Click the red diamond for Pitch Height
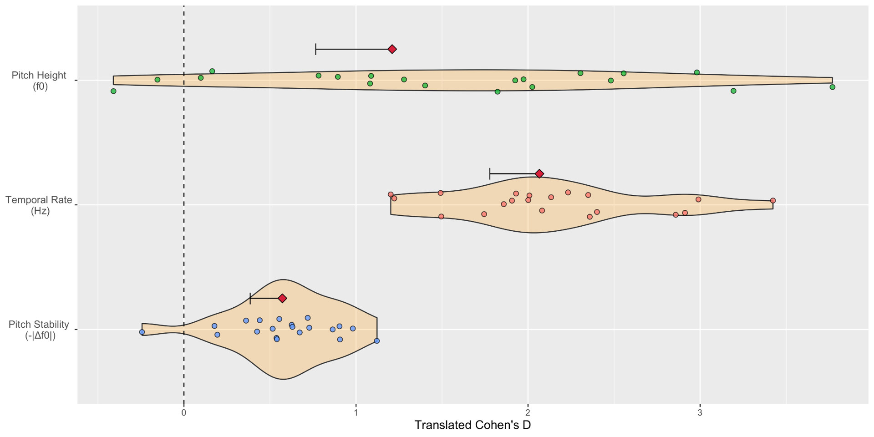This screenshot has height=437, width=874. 392,49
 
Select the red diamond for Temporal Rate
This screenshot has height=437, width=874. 539,174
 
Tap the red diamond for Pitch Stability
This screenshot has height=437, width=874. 282,299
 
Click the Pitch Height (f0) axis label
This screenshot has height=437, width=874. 39,81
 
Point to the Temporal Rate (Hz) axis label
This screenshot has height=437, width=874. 39,205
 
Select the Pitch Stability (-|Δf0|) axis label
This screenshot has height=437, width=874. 39,330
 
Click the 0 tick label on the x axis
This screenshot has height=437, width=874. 183,413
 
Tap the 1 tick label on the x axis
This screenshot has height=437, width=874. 356,413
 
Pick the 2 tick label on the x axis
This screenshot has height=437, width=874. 528,413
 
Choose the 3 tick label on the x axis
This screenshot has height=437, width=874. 700,413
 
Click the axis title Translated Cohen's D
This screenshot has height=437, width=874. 473,426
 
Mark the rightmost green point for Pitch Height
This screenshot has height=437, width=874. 833,87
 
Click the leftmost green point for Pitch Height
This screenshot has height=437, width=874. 113,91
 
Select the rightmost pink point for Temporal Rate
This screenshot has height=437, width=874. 773,201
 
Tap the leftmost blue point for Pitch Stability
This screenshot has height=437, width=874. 142,332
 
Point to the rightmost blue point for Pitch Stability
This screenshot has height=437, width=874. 377,341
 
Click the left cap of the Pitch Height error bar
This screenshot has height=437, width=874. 316,49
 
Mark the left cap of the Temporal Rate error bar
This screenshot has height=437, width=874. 490,174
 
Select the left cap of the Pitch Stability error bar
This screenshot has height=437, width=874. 250,299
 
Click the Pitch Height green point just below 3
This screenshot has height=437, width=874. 697,72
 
